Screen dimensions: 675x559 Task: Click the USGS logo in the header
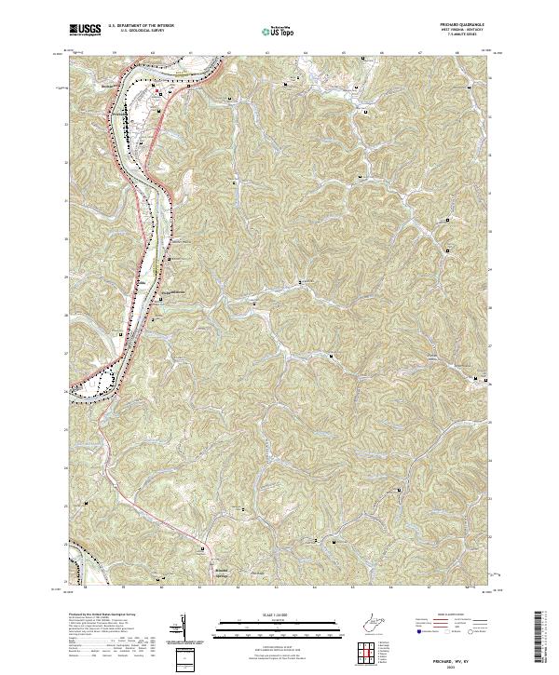coord(85,31)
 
